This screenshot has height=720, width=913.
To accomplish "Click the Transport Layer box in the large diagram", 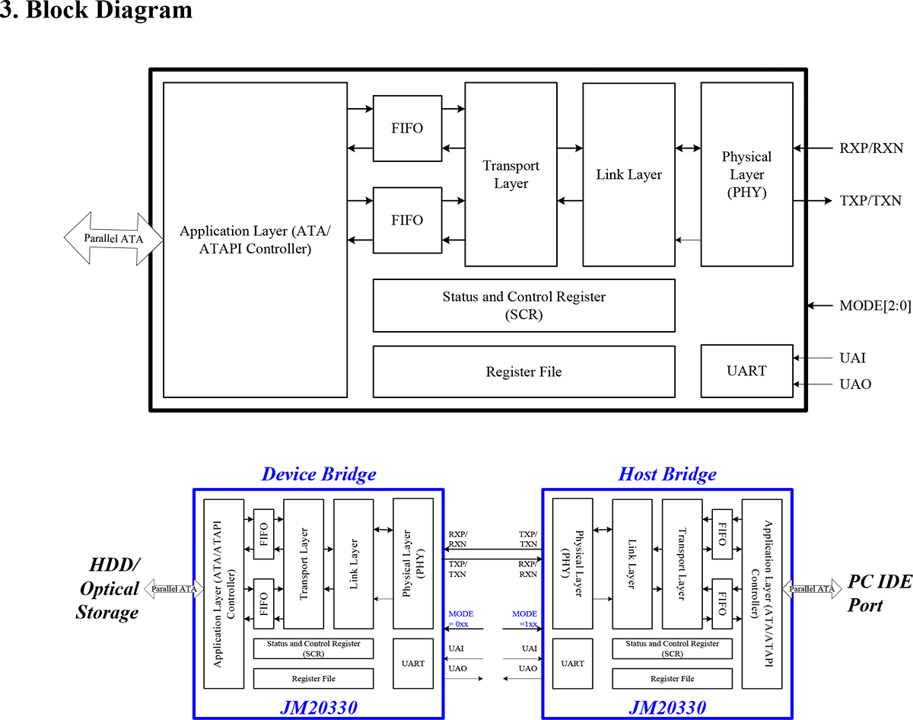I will (x=511, y=174).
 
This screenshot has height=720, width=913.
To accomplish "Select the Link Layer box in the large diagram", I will (x=628, y=174).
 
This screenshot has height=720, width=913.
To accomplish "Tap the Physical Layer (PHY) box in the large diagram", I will (x=746, y=174).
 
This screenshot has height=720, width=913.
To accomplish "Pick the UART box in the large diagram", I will (x=746, y=371).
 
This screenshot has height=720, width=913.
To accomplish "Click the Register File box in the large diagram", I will (x=523, y=371).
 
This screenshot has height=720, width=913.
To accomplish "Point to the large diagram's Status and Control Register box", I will (x=523, y=305).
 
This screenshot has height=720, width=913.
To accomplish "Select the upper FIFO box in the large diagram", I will (x=407, y=128).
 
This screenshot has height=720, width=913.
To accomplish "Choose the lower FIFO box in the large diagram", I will (x=407, y=220).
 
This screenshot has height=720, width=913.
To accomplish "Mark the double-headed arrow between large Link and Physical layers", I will (x=687, y=148).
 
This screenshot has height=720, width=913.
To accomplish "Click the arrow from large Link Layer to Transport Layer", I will (x=570, y=201).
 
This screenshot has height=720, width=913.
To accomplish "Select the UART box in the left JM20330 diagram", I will (x=412, y=663).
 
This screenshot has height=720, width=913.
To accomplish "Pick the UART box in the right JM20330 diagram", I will (x=572, y=663).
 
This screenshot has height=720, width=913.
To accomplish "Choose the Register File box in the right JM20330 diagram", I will (x=672, y=678).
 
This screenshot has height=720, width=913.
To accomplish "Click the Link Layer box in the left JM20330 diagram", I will (x=353, y=562).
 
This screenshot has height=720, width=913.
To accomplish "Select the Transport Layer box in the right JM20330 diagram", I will (x=682, y=562).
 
